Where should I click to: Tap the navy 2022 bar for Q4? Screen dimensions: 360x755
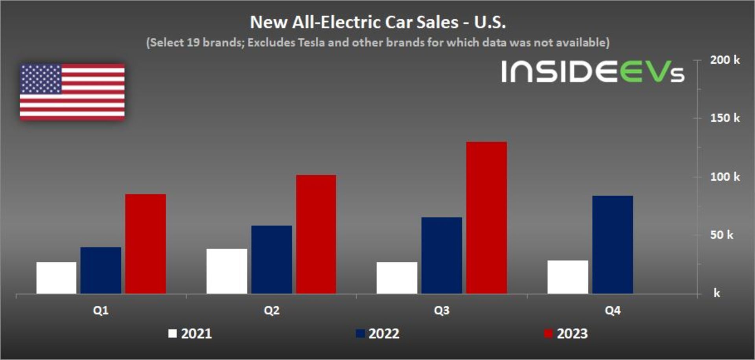[612, 244]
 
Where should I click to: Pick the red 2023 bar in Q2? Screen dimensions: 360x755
[316, 234]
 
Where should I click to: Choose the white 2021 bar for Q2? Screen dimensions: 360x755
[227, 271]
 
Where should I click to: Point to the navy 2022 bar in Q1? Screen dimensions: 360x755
[101, 270]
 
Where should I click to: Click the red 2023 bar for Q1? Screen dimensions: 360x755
[145, 244]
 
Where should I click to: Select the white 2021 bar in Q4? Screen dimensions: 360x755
[568, 277]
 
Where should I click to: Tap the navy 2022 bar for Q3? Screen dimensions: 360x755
[442, 255]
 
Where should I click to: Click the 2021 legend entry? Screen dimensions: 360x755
[190, 334]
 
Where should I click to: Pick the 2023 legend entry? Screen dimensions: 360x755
[566, 334]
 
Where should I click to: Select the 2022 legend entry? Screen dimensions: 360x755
[378, 334]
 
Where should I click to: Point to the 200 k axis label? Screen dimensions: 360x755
[724, 60]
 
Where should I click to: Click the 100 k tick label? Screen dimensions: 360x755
[724, 177]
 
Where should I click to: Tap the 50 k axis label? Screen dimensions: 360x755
[722, 235]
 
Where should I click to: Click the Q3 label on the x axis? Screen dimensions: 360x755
[442, 310]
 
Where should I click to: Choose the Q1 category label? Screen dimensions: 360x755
[101, 310]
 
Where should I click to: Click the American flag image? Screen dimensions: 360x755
[72, 92]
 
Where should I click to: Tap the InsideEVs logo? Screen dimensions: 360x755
[593, 72]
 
